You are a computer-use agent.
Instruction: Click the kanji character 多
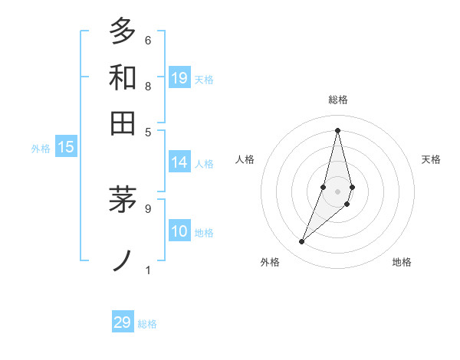(x=122, y=31)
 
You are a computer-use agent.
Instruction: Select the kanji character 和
(x=122, y=77)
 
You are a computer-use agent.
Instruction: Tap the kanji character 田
(x=122, y=123)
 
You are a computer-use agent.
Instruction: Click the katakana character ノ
(x=122, y=260)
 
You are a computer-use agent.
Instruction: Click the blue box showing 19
(x=179, y=78)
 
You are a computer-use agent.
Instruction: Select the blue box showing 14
(x=179, y=162)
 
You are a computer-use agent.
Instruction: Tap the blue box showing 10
(x=179, y=232)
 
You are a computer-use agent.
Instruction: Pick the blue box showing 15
(x=66, y=148)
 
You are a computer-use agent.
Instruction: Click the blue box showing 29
(x=123, y=322)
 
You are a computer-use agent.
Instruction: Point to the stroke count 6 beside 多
(x=148, y=40)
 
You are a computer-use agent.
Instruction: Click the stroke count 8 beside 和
(x=148, y=86)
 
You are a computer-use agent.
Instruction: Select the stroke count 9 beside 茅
(x=148, y=207)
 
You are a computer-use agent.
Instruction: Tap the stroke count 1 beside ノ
(x=148, y=269)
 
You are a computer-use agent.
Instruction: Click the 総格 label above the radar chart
(x=337, y=100)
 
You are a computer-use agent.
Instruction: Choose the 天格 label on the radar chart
(x=432, y=159)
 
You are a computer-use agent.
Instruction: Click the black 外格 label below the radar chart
(x=270, y=262)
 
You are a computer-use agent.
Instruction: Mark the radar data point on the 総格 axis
(x=337, y=130)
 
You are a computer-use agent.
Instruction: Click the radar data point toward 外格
(x=301, y=242)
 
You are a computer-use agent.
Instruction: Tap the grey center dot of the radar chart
(x=337, y=191)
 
